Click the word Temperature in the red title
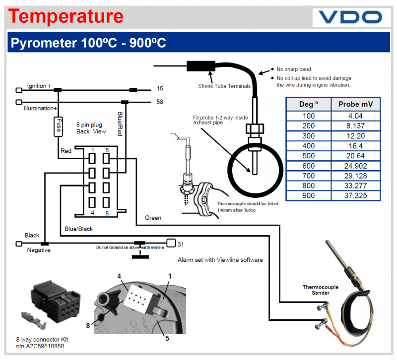point(66,16)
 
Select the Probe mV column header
point(355,104)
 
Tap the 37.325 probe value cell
point(355,195)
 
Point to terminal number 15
point(160,89)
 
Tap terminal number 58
point(160,102)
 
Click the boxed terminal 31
point(171,243)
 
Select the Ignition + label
point(39,86)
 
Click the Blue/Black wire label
point(78,229)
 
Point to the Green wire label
point(153,218)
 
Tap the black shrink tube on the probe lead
point(200,66)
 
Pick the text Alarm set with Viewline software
point(220,260)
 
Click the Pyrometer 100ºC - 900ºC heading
point(88,43)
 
